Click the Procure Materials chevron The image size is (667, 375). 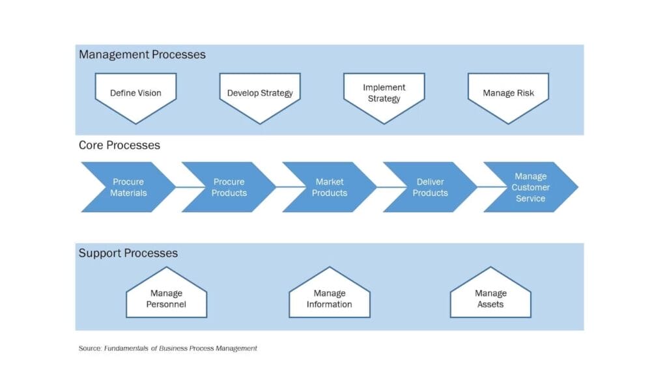coord(128,187)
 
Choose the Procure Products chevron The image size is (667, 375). coord(229,187)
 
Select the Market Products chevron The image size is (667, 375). coord(329,187)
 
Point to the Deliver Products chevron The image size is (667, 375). coord(430,187)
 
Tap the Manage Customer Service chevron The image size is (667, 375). coord(530,187)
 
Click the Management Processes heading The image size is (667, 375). coord(142,55)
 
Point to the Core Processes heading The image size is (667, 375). coord(119,145)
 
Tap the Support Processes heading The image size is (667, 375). coord(128,253)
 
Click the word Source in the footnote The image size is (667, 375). coord(90,348)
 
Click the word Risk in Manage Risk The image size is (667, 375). coord(525,93)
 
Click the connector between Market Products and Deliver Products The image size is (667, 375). coord(380,187)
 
